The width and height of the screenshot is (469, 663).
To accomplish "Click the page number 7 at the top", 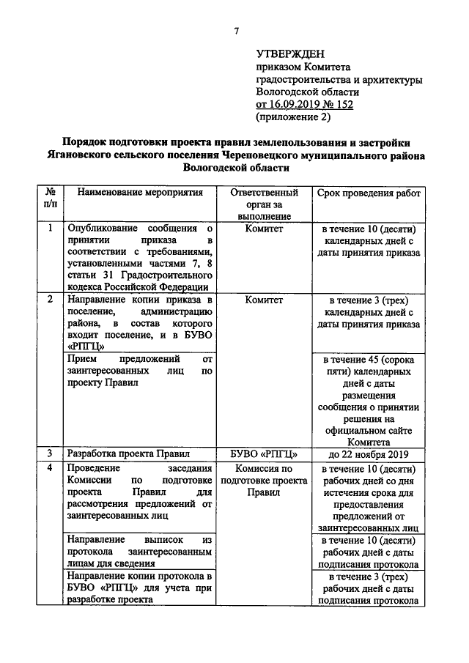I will point(235,30).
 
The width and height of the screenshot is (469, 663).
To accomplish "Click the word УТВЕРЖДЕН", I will point(291,54).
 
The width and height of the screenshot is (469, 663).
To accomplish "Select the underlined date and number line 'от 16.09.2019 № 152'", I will point(304,104).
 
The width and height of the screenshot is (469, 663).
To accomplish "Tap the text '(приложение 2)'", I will point(293,116).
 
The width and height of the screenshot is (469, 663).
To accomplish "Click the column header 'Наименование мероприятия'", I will point(139,193).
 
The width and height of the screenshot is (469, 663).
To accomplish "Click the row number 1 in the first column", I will point(50,229).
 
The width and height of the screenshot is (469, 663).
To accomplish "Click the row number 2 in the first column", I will point(50,300).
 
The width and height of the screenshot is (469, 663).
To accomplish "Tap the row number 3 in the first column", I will point(50,453).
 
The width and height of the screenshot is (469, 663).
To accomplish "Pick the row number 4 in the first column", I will point(50,468).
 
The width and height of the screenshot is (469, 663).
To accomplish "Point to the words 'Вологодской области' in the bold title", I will point(236,167).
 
